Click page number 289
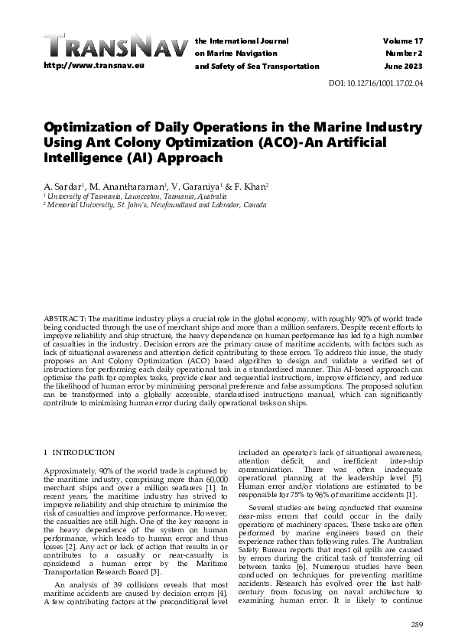pyautogui.click(x=416, y=626)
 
